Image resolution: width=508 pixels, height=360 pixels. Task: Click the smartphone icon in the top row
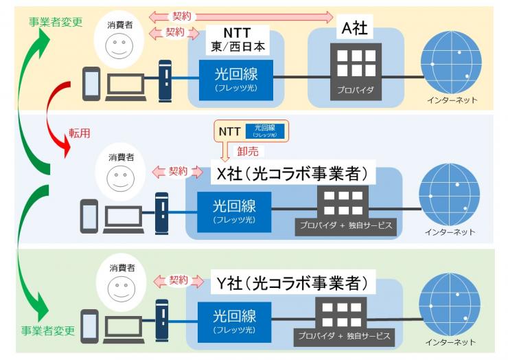tap(92, 83)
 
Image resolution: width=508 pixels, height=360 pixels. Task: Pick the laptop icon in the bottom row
tap(122, 325)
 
